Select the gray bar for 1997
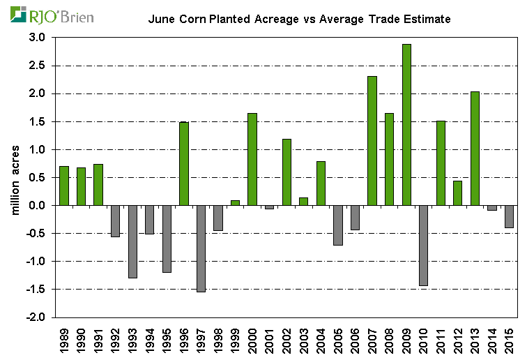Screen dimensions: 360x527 pos(201,248)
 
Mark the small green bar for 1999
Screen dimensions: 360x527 pos(235,203)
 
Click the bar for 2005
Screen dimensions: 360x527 pos(338,225)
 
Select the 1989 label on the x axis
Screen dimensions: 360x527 pos(64,339)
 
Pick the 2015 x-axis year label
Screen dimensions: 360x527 pos(510,339)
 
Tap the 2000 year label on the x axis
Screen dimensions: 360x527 pos(252,339)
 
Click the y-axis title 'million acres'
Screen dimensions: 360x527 pos(15,178)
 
